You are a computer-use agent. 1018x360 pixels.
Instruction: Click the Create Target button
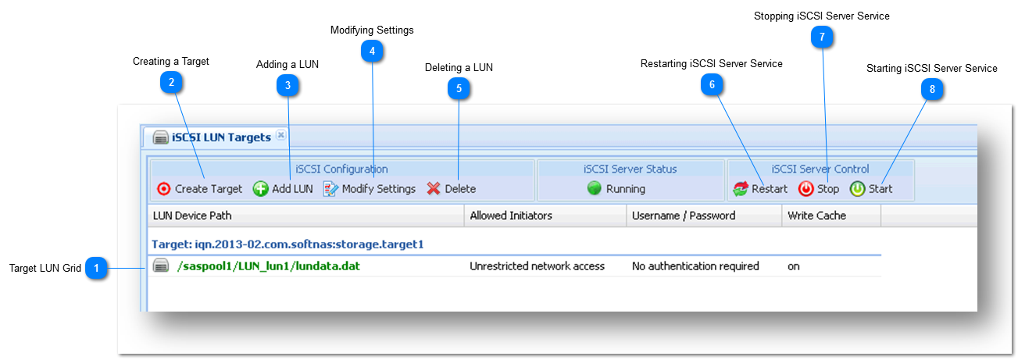point(200,189)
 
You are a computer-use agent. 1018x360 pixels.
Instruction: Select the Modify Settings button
point(370,189)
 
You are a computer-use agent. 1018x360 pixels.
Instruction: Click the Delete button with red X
point(452,189)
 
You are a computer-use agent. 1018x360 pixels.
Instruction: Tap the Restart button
point(760,189)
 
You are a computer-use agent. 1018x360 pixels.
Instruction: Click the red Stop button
point(818,189)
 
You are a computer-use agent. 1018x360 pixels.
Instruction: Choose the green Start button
point(871,189)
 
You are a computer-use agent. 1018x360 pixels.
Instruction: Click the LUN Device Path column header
point(193,216)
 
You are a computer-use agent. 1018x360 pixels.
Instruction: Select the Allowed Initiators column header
point(511,216)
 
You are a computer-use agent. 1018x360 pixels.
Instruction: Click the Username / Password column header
point(684,216)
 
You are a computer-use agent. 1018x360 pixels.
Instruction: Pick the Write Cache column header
point(816,216)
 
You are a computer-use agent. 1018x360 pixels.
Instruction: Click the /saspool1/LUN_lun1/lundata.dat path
point(269,266)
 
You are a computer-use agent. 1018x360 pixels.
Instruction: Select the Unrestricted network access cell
point(537,266)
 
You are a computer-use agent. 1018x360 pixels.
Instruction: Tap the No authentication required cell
point(695,266)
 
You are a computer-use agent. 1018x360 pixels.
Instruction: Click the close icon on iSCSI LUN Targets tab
point(280,135)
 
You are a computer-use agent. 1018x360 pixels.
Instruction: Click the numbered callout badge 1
point(96,269)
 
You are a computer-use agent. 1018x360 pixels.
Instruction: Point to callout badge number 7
point(821,36)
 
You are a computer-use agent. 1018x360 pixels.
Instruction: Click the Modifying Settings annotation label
point(372,30)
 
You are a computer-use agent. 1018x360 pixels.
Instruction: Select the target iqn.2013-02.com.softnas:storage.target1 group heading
point(288,244)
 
